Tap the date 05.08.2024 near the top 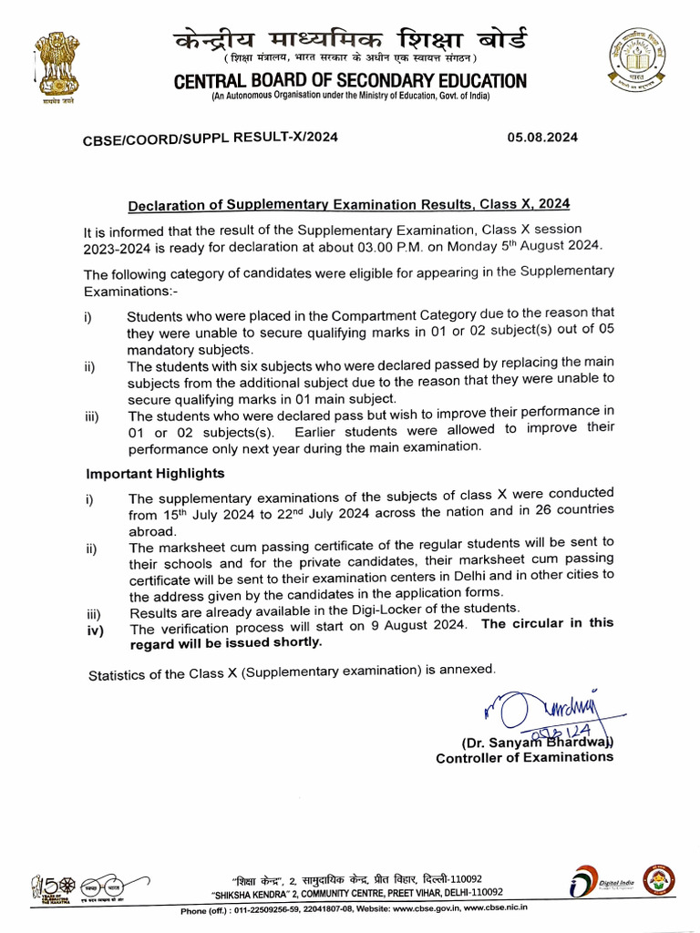542,138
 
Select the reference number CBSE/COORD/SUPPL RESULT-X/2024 211,138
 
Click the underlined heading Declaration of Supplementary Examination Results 349,204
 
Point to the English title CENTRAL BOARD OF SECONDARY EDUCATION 350,82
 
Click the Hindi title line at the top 350,41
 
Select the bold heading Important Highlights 155,474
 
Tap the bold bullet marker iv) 95,630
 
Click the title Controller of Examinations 524,758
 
